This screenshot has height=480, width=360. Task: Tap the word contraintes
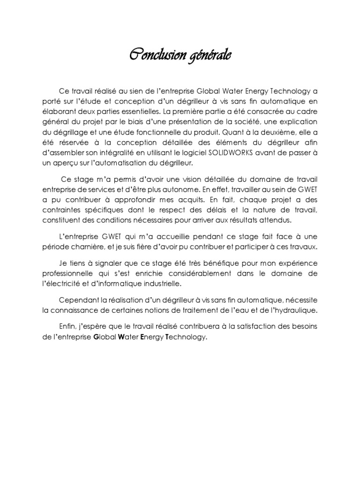(x=59, y=210)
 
